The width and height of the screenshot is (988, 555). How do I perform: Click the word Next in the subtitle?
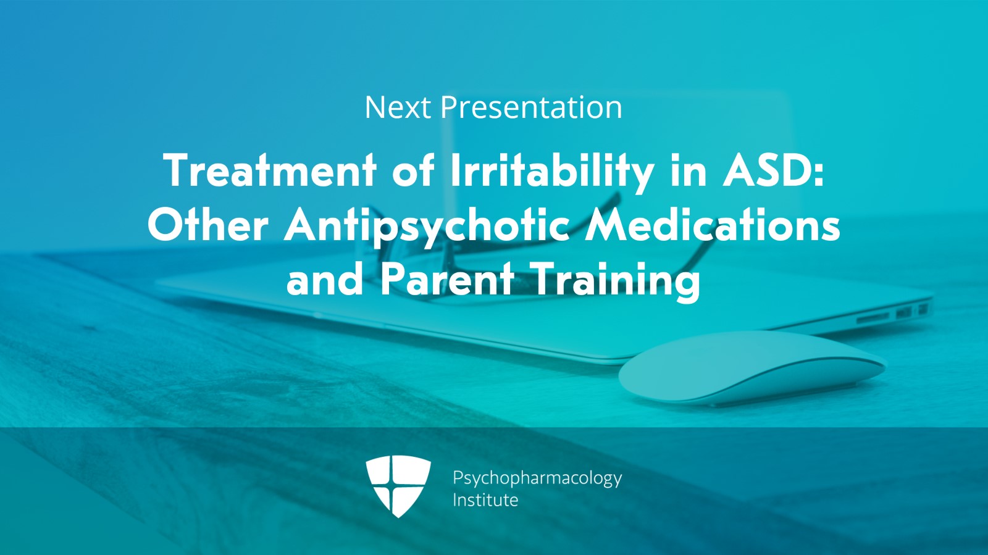point(398,107)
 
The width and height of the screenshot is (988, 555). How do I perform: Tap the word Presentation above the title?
point(532,107)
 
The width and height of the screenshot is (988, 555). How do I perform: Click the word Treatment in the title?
point(270,170)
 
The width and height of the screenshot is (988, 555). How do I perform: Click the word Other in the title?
point(207,225)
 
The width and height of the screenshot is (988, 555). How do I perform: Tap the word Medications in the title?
point(713,225)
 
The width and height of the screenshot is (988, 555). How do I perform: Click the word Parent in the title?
point(447,278)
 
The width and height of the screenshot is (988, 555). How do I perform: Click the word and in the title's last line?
point(325,278)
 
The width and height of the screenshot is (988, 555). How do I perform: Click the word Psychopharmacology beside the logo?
point(537,478)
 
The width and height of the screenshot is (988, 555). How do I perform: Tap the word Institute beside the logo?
point(485,500)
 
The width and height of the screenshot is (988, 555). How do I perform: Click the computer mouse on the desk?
point(751,368)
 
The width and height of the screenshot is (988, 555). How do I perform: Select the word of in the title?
point(413,170)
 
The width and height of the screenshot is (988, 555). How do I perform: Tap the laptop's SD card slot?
point(873,317)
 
